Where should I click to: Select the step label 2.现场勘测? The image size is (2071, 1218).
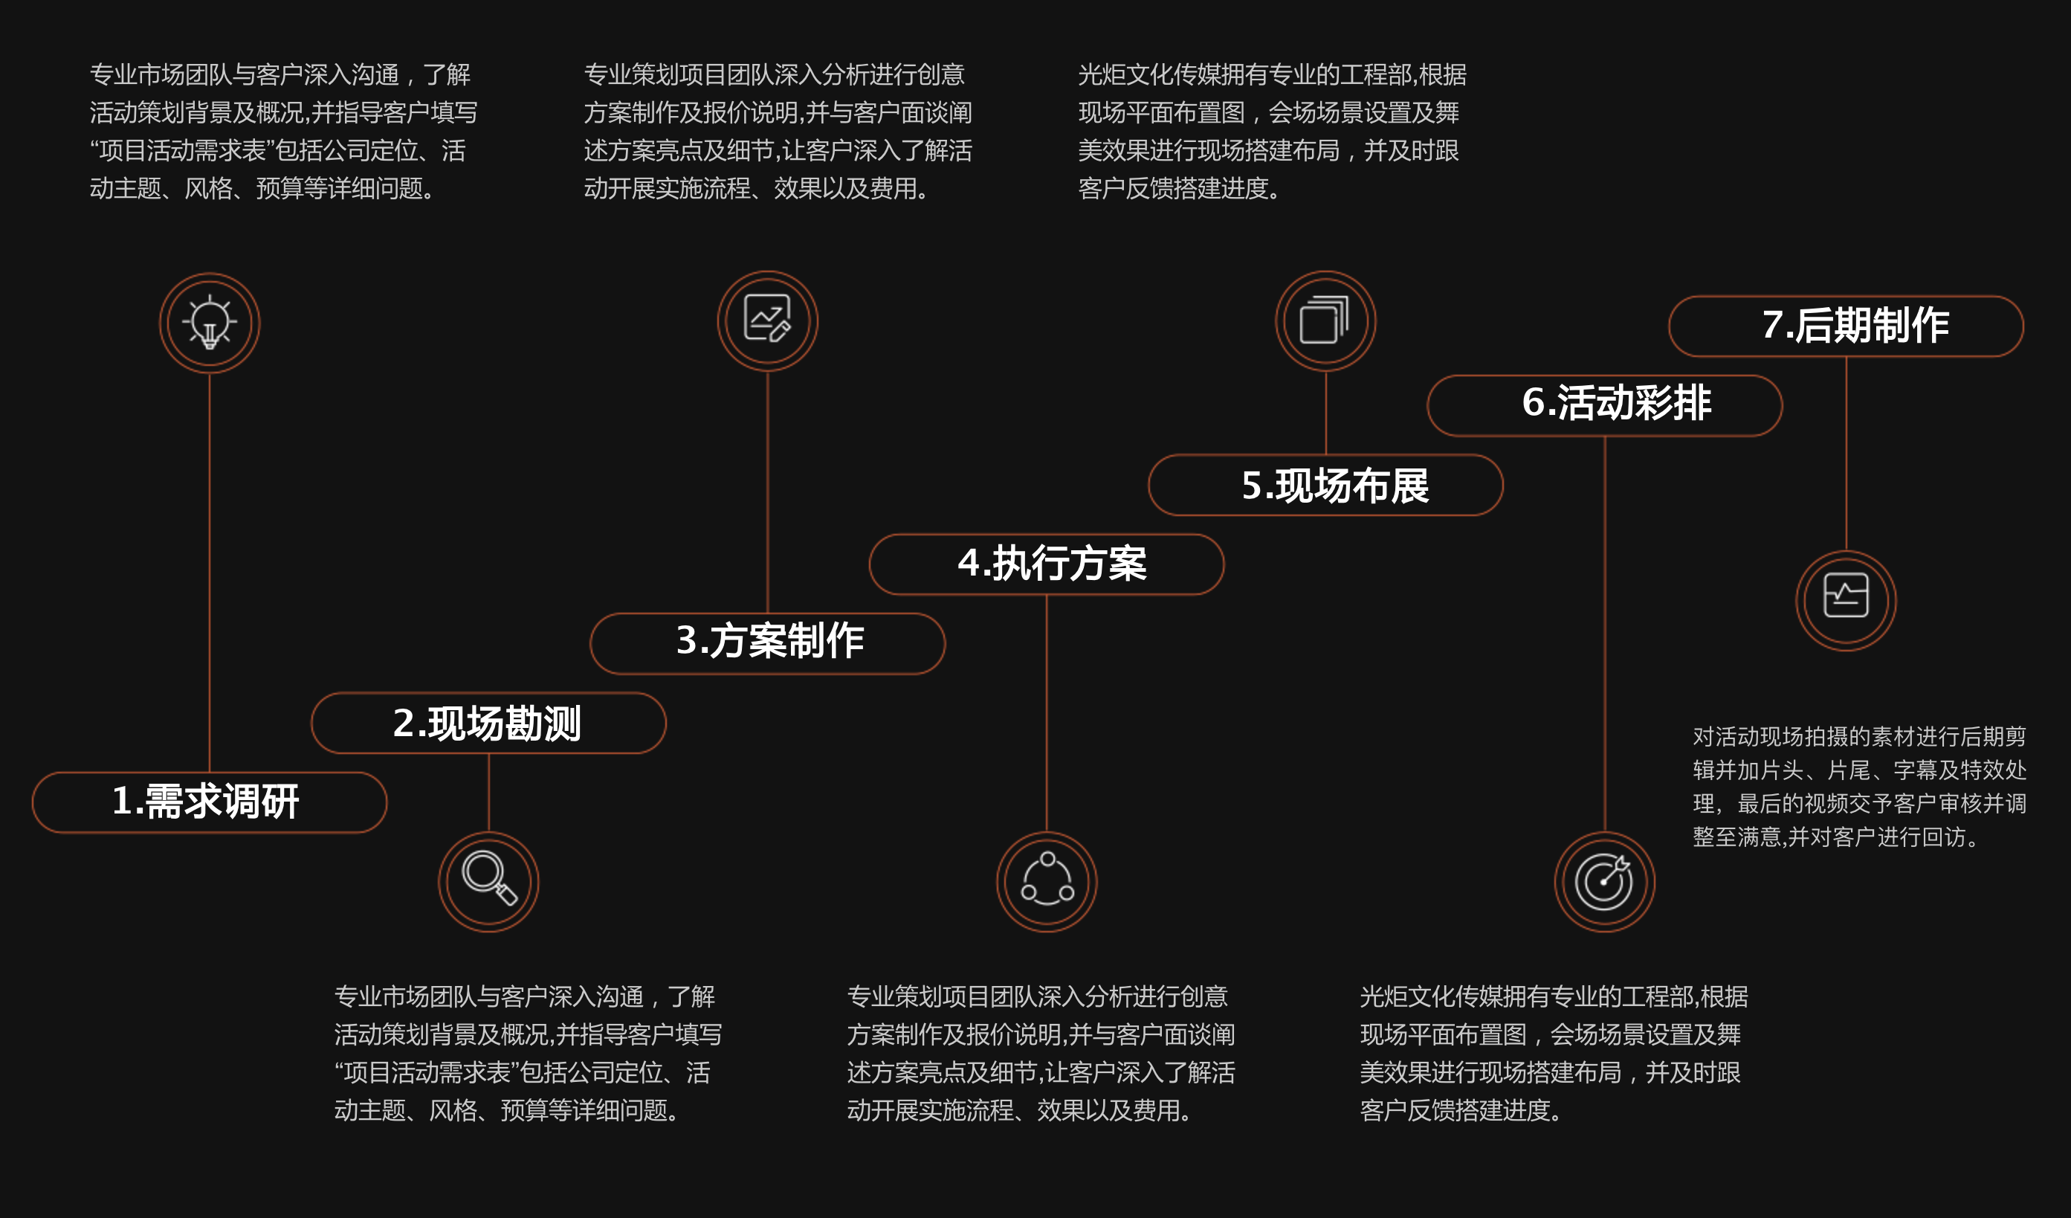488,724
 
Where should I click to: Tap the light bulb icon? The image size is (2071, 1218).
210,322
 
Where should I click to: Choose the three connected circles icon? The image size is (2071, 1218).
1047,879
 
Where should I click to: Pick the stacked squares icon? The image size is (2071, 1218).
1325,320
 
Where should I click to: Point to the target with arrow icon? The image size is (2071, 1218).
1603,881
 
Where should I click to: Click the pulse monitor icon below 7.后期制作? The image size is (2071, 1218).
1846,595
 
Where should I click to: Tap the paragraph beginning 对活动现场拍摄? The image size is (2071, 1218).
1859,787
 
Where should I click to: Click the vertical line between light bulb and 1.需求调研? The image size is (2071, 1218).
210,572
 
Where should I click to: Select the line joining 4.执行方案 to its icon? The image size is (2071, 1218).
1046,713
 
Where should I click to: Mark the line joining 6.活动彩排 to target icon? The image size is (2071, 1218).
1604,634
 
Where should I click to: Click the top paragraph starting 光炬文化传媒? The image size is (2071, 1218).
1272,132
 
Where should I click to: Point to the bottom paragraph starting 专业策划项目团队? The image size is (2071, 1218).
1041,1054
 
